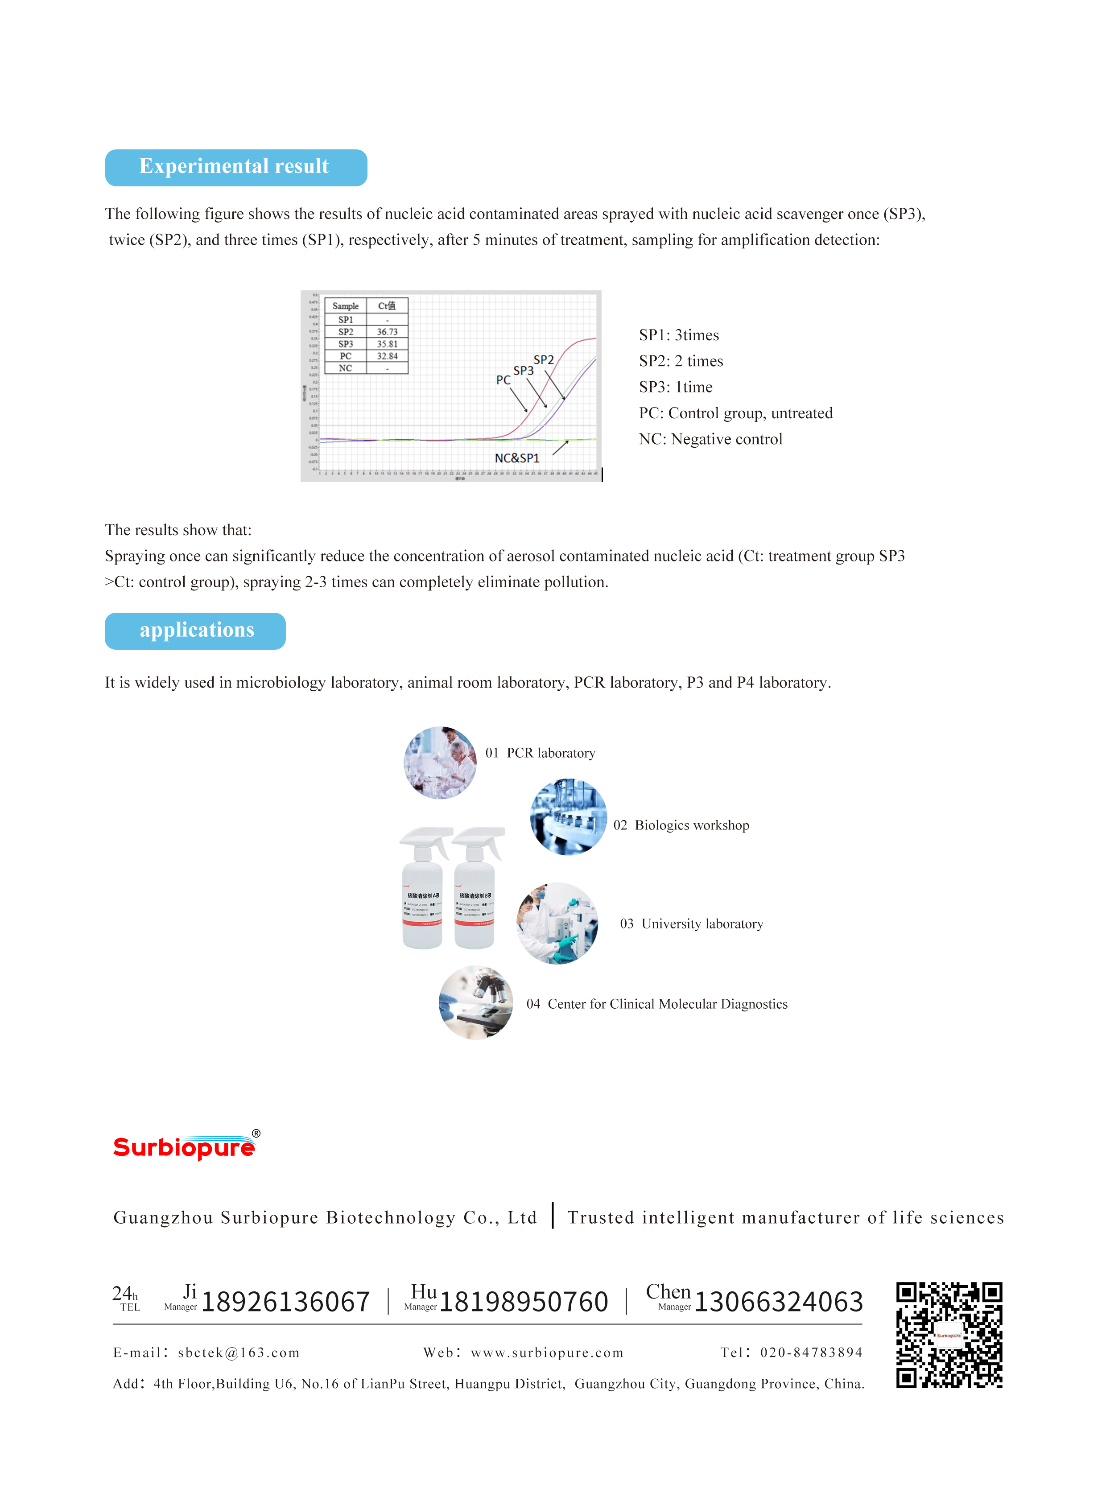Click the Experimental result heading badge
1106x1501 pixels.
[235, 167]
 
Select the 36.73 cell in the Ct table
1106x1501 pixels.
[387, 332]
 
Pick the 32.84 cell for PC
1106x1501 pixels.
[387, 356]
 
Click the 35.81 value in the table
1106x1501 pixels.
[387, 344]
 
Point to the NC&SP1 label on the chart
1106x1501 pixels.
[517, 458]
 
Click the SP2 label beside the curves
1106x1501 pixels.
[544, 360]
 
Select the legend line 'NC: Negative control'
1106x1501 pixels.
[710, 439]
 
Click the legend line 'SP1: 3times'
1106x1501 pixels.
[679, 335]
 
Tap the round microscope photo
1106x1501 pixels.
[476, 1002]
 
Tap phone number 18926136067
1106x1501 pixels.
[286, 1302]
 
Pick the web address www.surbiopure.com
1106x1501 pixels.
[547, 1353]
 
